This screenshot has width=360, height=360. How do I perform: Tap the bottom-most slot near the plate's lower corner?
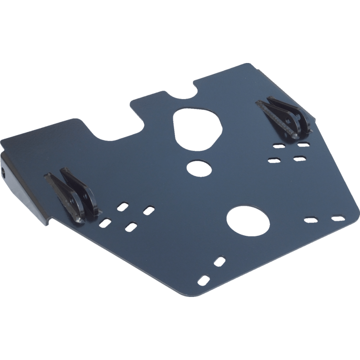coord(203,279)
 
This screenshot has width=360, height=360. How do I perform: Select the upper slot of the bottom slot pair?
coord(220,261)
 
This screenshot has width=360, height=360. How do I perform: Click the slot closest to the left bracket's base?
coord(105,222)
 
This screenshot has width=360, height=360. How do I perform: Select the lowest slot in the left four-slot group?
coord(131,226)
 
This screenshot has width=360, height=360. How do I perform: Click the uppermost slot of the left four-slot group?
coord(122,207)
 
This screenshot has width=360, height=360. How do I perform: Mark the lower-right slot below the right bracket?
coord(299,158)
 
